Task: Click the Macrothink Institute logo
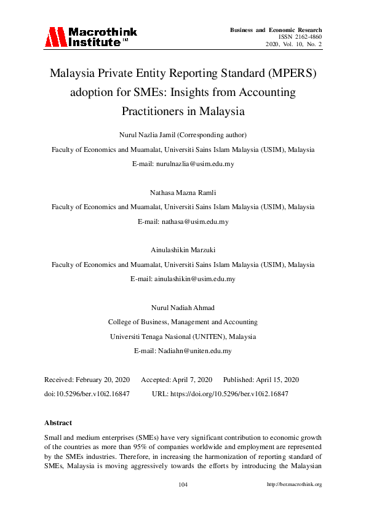(90, 37)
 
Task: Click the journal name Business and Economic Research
(276, 30)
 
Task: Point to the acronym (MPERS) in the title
(289, 74)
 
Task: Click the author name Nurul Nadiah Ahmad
(183, 307)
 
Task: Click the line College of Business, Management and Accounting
(183, 322)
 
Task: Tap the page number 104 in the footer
(183, 484)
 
